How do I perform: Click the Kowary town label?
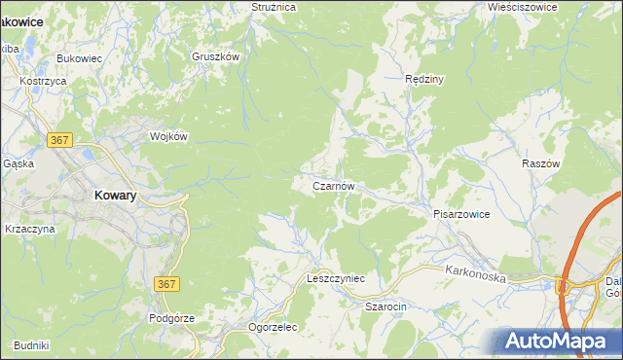point(115,195)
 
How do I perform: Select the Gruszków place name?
point(215,57)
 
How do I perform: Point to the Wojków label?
point(167,136)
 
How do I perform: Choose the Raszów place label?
point(542,164)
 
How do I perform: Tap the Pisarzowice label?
point(461,213)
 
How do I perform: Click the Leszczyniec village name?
point(335,278)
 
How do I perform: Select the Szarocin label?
point(385,306)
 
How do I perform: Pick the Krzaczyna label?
point(30,229)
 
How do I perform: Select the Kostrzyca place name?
point(43,81)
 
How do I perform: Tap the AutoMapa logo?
point(558,341)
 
